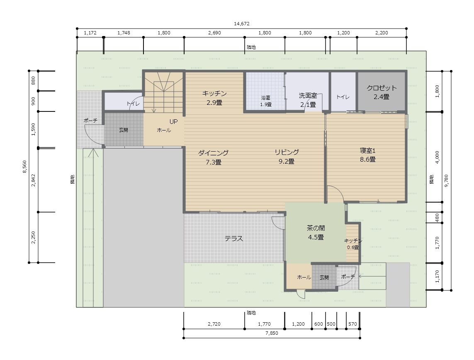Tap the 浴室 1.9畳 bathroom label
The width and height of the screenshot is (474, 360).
click(266, 101)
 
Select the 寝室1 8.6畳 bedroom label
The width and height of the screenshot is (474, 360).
click(367, 155)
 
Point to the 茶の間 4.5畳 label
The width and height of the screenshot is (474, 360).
click(316, 232)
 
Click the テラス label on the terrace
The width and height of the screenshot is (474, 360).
click(233, 239)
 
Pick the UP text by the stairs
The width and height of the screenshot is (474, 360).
click(173, 122)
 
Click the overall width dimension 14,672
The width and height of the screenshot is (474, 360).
click(241, 24)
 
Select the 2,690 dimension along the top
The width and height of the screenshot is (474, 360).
click(214, 33)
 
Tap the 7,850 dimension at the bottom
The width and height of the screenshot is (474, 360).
click(272, 333)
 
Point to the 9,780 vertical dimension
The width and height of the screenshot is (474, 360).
click(447, 181)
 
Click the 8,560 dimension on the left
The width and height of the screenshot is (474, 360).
click(24, 167)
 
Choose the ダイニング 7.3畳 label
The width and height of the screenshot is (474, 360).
click(214, 157)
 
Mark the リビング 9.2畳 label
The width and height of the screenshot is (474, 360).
click(287, 157)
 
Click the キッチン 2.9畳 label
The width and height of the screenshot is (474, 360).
click(214, 98)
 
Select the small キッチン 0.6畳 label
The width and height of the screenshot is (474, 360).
click(353, 244)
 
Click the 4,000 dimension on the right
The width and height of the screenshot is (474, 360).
click(437, 157)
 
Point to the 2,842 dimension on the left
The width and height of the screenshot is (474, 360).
click(33, 180)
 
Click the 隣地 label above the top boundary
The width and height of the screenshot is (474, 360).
click(251, 47)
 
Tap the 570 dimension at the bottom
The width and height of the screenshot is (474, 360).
click(352, 324)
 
